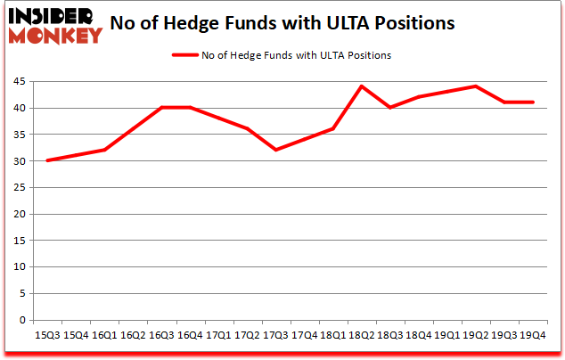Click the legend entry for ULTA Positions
(282, 55)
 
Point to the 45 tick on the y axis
(19, 82)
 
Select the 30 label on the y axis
(19, 161)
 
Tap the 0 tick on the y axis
(22, 320)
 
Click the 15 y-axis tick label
(19, 241)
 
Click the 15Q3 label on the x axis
(48, 335)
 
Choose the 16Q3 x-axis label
(162, 335)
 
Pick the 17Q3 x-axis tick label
(276, 335)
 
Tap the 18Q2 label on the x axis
(362, 335)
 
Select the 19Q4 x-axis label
(533, 335)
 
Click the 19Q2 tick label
(476, 335)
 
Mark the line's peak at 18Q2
(362, 86)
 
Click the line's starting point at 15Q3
(48, 160)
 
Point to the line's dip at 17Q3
(276, 150)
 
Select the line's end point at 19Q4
(533, 102)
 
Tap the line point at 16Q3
(162, 108)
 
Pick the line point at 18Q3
(390, 108)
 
